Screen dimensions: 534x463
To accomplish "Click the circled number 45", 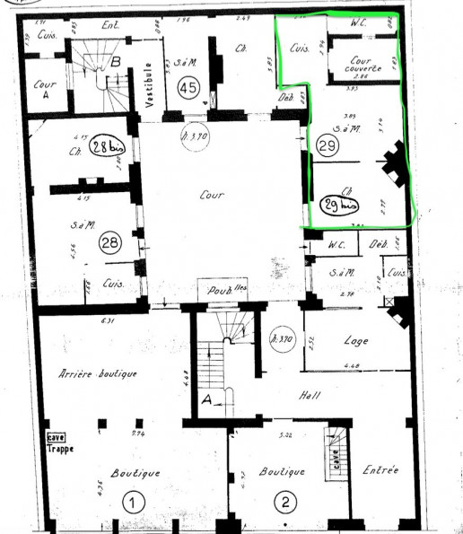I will click(188, 87).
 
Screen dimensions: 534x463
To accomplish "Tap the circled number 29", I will click(327, 144).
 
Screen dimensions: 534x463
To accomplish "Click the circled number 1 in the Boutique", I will click(131, 503).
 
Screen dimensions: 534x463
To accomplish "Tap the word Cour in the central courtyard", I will click(211, 194).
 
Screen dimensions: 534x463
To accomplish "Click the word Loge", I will click(356, 341).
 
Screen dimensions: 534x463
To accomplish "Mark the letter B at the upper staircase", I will click(115, 62).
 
